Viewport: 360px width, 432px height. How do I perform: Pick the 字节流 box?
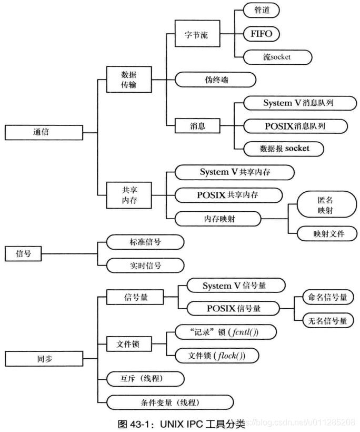coord(196,35)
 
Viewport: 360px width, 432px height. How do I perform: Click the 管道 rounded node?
coord(261,10)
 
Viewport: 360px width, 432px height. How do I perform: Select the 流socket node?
coord(277,57)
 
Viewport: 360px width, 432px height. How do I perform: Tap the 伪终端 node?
coord(216,80)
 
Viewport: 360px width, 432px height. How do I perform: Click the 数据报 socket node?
coord(285,149)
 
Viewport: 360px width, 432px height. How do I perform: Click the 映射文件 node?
coord(326,233)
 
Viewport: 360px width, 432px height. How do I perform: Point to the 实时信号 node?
coord(145,265)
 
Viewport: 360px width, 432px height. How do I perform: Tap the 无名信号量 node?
coord(327,319)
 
